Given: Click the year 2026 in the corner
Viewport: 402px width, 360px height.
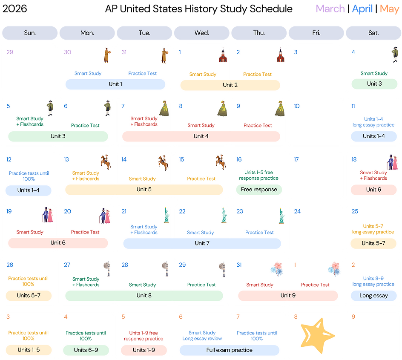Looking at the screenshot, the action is pos(14,9).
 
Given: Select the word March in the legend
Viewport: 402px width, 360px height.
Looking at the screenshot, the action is pos(330,9).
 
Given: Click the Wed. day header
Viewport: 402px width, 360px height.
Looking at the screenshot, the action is pos(202,33).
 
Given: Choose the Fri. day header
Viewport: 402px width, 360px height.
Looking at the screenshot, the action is pos(316,33).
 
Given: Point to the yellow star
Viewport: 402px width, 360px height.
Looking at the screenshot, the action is pos(317,335).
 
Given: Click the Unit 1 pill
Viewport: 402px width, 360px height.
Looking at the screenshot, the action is pos(115,84).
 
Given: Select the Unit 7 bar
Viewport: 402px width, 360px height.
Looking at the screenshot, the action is pos(202,243).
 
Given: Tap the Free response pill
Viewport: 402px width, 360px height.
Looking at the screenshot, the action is pos(259,190).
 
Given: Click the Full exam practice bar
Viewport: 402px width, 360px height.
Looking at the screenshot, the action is pos(230,350).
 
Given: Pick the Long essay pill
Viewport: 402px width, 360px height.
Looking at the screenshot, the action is pos(373,296).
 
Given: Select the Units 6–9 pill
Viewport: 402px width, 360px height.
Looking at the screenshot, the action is pos(86,350).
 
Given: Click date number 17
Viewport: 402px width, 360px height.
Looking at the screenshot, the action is pos(296,159).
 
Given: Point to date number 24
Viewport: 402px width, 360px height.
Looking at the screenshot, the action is pos(297,212).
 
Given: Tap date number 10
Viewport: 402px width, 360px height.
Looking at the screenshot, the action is pos(297,106).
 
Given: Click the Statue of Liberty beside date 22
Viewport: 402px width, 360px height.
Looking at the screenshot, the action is pos(224,216).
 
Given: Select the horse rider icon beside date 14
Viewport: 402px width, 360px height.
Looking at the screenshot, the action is pos(164,162).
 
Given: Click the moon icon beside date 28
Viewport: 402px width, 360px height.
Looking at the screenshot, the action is pos(165,269).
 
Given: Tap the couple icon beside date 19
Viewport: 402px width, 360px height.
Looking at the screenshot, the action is pos(47,215).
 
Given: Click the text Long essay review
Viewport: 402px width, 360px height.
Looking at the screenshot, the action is pos(202,338).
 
